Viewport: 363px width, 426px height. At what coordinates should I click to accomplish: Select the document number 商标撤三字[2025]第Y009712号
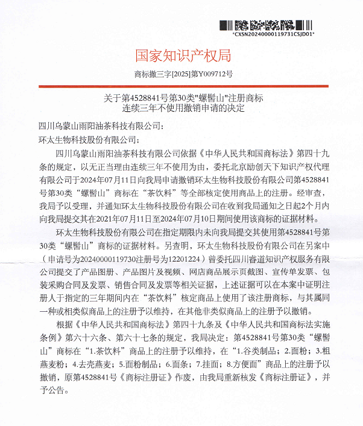click(x=183, y=75)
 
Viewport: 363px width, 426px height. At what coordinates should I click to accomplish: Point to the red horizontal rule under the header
click(x=183, y=86)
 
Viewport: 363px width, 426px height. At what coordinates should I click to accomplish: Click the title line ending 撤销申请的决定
click(x=183, y=108)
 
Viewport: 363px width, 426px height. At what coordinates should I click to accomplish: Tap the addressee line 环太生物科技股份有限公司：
click(x=89, y=139)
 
